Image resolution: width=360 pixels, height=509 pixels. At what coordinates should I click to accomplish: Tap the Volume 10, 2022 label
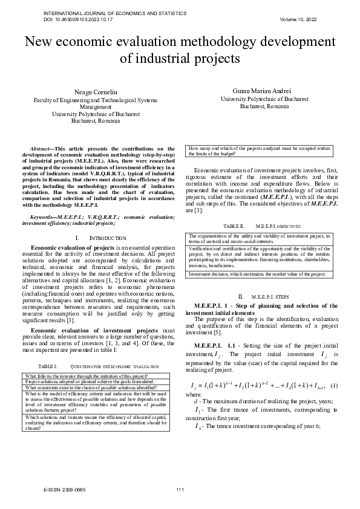[x=299, y=19]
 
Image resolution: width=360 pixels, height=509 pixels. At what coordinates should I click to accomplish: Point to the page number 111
[x=180, y=488]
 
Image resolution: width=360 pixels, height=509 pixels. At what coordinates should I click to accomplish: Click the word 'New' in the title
[x=40, y=42]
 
